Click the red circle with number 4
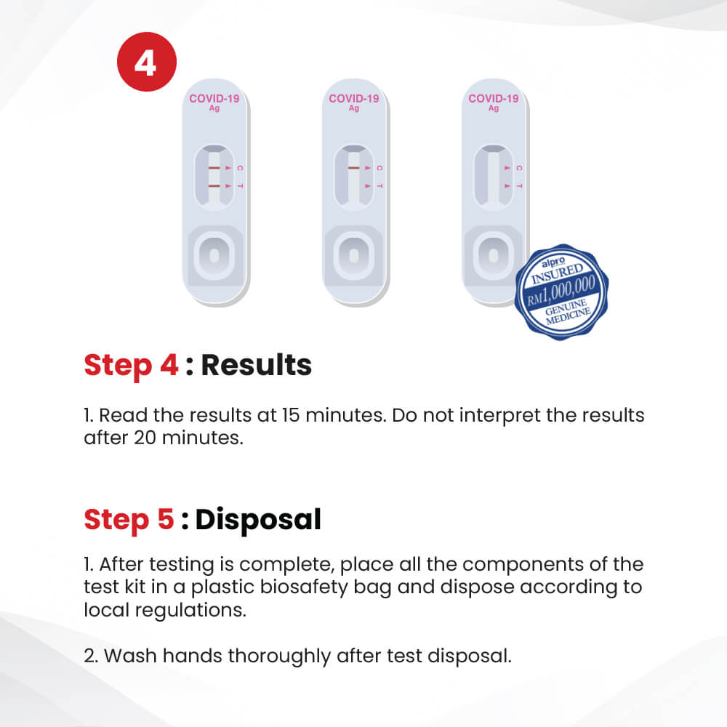pyautogui.click(x=147, y=62)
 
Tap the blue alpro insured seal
pyautogui.click(x=561, y=292)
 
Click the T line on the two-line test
pyautogui.click(x=214, y=186)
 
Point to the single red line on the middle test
pyautogui.click(x=354, y=168)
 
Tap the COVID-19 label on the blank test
pyautogui.click(x=494, y=98)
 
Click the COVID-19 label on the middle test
pyautogui.click(x=354, y=98)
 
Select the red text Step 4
pyautogui.click(x=131, y=366)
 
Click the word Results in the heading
pyautogui.click(x=257, y=365)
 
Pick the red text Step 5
pyautogui.click(x=129, y=520)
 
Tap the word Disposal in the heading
pyautogui.click(x=258, y=520)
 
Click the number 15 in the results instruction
pyautogui.click(x=291, y=415)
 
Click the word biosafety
pyautogui.click(x=304, y=587)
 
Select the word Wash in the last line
pyautogui.click(x=130, y=656)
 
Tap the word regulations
pyautogui.click(x=190, y=611)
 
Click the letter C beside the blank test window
pyautogui.click(x=519, y=168)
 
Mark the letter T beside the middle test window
pyautogui.click(x=379, y=186)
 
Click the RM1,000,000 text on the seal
pyautogui.click(x=561, y=291)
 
